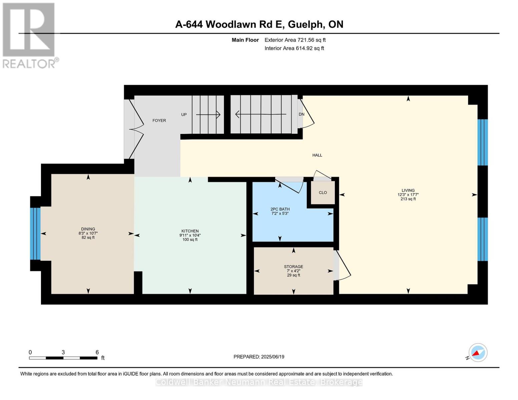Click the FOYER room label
[x=159, y=121]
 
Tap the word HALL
[x=317, y=155]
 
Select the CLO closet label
[x=323, y=193]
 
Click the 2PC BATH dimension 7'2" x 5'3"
[x=280, y=214]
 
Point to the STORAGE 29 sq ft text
[x=294, y=275]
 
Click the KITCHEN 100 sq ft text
[x=190, y=240]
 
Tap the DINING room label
[x=88, y=229]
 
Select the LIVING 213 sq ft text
[x=408, y=199]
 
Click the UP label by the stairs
[x=184, y=115]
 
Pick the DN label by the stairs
[x=302, y=114]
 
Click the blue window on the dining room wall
[x=35, y=233]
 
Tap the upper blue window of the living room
[x=482, y=142]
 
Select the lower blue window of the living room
[x=482, y=239]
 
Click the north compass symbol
[x=478, y=353]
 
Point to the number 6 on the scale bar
[x=97, y=352]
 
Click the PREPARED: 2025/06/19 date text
[x=259, y=357]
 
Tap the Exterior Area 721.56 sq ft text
[x=295, y=40]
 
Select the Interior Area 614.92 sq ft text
[x=294, y=48]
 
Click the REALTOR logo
[x=29, y=35]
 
